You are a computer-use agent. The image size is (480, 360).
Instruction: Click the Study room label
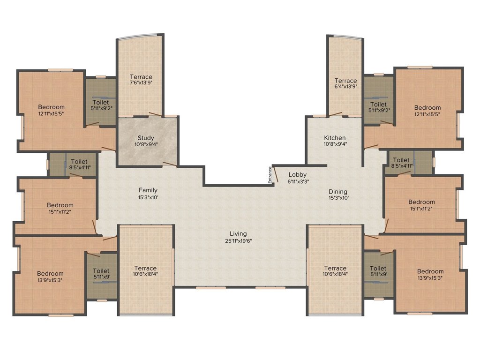click(x=146, y=138)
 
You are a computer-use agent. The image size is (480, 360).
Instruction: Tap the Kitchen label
click(x=335, y=138)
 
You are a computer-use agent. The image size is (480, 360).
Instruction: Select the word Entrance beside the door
click(x=270, y=175)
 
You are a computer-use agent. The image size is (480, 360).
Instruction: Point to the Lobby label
click(x=298, y=174)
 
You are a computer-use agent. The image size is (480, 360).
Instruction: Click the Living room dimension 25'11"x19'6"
click(x=238, y=241)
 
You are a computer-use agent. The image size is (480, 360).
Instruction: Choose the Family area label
click(x=148, y=190)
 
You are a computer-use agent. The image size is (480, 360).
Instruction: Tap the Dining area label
click(x=338, y=192)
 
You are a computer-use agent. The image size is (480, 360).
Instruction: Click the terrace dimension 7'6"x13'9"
click(x=141, y=82)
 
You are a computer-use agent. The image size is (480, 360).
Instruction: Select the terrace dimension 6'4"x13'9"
click(x=345, y=86)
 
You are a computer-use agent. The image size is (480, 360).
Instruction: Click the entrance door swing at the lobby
click(x=275, y=174)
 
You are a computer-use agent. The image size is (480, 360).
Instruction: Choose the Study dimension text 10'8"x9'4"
click(x=146, y=144)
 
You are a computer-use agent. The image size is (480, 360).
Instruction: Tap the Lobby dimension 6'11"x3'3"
click(x=298, y=181)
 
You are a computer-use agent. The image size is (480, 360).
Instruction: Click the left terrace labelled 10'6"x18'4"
click(x=145, y=271)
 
